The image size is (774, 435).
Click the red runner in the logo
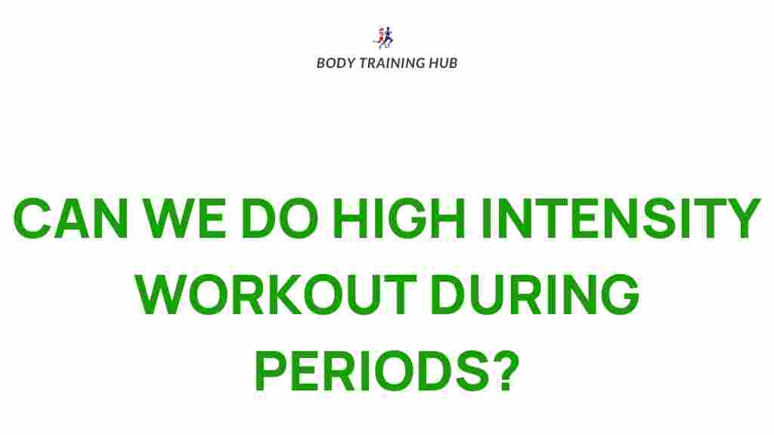click(x=381, y=38)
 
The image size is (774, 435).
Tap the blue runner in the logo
click(x=388, y=38)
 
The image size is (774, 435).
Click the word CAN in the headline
click(x=70, y=218)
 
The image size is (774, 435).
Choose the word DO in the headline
click(x=280, y=218)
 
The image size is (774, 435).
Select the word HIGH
click(x=399, y=218)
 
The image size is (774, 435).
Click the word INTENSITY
click(x=621, y=218)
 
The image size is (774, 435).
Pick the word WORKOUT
click(x=276, y=295)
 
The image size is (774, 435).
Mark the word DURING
click(x=535, y=295)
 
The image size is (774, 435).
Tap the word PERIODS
click(x=371, y=370)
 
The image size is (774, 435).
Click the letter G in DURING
click(x=620, y=295)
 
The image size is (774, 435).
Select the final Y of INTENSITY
click(x=741, y=218)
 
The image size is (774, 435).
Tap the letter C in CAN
click(x=33, y=218)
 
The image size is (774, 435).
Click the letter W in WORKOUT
click(x=162, y=295)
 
